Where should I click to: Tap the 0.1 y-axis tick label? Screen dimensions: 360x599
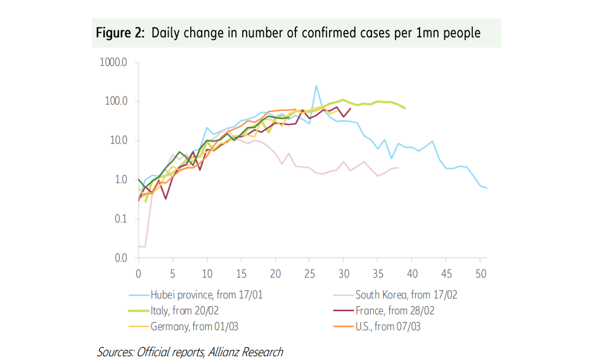click(120, 219)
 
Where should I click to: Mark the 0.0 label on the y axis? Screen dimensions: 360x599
click(120, 258)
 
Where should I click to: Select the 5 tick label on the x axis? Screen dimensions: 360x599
click(172, 273)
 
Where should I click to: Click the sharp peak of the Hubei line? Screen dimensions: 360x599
click(316, 86)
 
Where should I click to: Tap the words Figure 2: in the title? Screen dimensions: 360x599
click(120, 33)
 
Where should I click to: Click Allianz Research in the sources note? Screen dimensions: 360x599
click(245, 352)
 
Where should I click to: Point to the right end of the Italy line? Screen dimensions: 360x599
click(404, 108)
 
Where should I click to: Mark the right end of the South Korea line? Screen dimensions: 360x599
click(398, 167)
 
